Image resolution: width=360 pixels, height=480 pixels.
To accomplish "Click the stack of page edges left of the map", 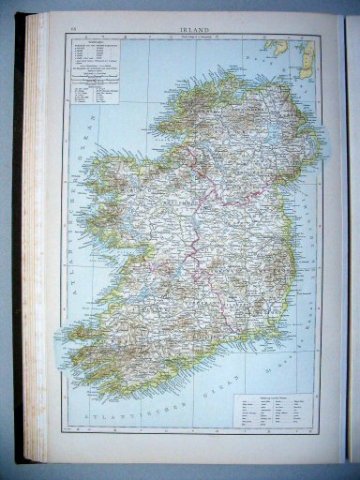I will click(36, 234).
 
